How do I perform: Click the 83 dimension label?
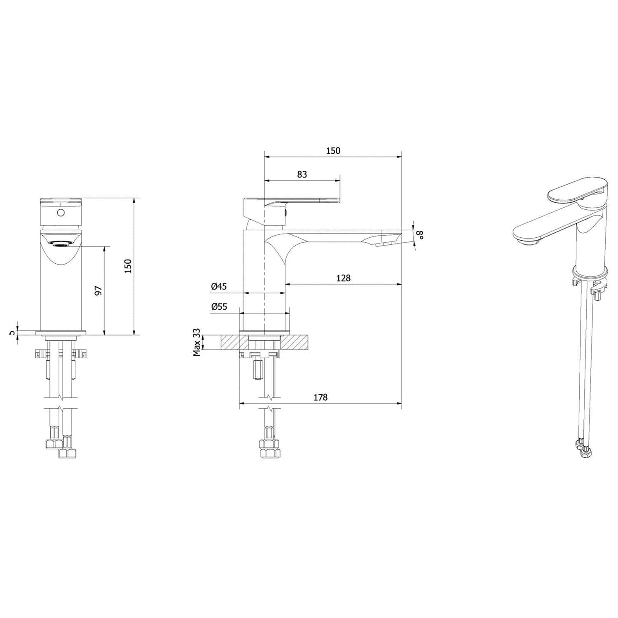click(302, 174)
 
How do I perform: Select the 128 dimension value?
click(343, 278)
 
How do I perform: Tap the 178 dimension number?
click(321, 397)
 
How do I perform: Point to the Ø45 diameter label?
click(219, 286)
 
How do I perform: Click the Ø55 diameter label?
click(219, 307)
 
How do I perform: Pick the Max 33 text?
click(197, 342)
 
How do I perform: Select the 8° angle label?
click(420, 235)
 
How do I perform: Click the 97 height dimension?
click(98, 291)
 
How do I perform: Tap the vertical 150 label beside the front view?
click(128, 266)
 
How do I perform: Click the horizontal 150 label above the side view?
click(333, 151)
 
